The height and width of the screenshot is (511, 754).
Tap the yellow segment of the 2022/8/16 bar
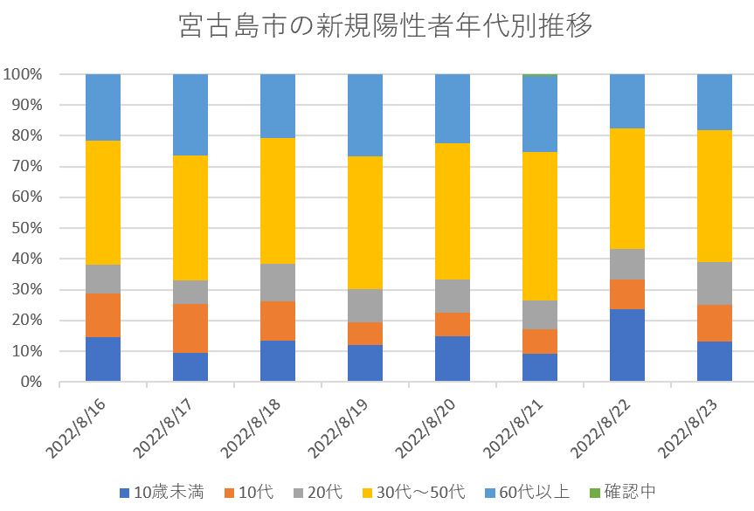(103, 203)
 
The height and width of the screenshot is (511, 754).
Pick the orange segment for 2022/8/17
(190, 328)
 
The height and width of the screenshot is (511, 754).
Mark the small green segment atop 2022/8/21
(540, 75)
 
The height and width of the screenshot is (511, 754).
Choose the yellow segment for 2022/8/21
(540, 226)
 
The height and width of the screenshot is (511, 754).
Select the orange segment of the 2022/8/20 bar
(453, 324)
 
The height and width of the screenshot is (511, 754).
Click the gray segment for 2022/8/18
(278, 283)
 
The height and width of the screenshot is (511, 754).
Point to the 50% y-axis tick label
(27, 228)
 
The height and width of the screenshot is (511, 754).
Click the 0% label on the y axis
(31, 382)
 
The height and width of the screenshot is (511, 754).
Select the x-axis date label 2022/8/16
(83, 428)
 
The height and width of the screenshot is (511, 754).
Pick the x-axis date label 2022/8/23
(695, 428)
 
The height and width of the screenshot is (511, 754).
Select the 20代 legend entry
(317, 492)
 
